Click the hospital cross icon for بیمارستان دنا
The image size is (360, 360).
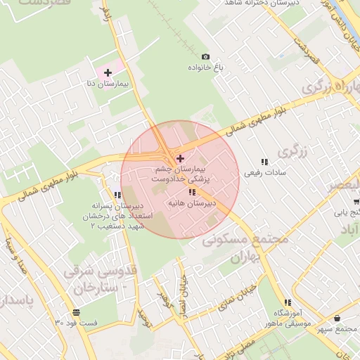pyautogui.click(x=108, y=72)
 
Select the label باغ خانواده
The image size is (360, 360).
pyautogui.click(x=205, y=68)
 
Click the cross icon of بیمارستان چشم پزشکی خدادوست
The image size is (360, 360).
pyautogui.click(x=180, y=158)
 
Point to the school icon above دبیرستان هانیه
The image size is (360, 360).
pyautogui.click(x=191, y=192)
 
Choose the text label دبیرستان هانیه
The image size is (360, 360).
pyautogui.click(x=191, y=202)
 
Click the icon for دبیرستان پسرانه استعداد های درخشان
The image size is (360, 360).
pyautogui.click(x=117, y=195)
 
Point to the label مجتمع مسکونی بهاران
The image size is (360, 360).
pyautogui.click(x=246, y=247)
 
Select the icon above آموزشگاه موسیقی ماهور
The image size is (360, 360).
pyautogui.click(x=285, y=301)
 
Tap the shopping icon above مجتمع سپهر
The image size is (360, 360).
pyautogui.click(x=338, y=318)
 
